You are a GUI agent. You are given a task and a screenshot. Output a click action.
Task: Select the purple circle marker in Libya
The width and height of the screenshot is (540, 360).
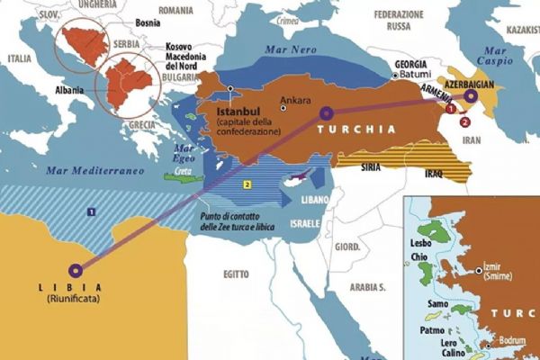[x=76, y=268]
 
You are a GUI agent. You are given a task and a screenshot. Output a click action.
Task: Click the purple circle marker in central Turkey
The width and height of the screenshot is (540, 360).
[x=325, y=114]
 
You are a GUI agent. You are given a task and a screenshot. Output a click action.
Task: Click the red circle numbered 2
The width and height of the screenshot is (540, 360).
[x=464, y=121]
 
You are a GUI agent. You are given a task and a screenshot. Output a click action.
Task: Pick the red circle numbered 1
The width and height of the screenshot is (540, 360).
[x=450, y=109]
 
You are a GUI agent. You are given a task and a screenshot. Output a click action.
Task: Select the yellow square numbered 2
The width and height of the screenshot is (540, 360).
[x=245, y=184]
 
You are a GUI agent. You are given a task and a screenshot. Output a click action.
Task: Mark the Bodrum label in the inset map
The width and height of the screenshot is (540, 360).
[x=510, y=344]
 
